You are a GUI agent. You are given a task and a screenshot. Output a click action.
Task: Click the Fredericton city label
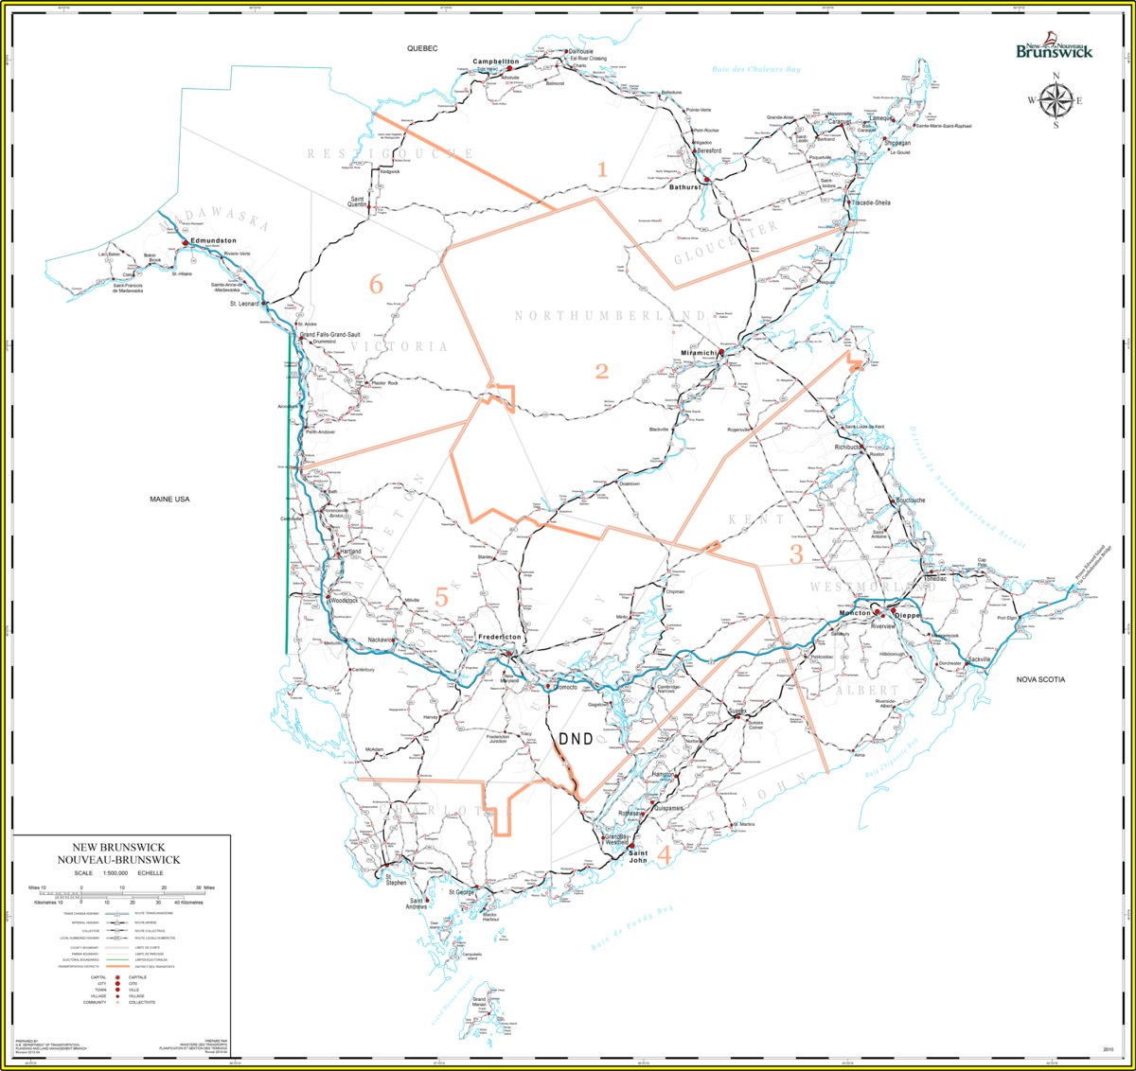(x=499, y=638)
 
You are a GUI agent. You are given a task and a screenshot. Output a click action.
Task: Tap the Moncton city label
(x=854, y=613)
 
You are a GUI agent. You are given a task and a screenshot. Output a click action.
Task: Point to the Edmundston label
(x=213, y=241)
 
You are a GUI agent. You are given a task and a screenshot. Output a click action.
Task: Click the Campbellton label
(x=496, y=61)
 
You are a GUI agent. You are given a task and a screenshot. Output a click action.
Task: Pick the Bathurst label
(x=684, y=187)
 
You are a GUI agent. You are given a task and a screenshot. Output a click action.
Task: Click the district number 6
(x=376, y=283)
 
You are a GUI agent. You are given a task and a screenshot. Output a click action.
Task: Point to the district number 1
(x=601, y=169)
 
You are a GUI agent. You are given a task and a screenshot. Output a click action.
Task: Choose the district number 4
(x=663, y=855)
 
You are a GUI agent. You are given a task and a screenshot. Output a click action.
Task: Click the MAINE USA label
(x=169, y=499)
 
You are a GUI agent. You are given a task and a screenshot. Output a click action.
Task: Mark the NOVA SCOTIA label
(x=1040, y=679)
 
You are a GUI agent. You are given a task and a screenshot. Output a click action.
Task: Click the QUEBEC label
(x=423, y=47)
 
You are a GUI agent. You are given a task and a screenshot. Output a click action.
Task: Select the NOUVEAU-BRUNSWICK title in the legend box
(x=118, y=859)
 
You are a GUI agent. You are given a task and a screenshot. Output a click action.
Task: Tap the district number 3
(x=796, y=554)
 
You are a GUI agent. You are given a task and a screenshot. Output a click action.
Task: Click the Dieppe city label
(x=906, y=615)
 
